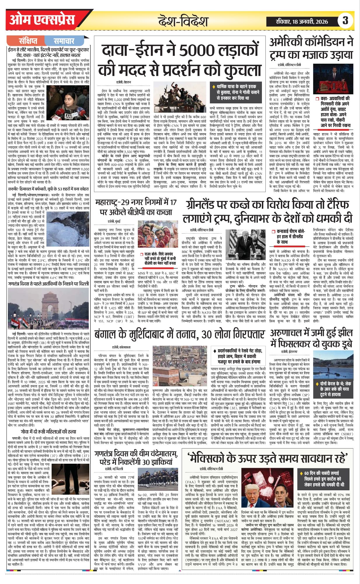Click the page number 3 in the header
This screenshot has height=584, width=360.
click(345, 21)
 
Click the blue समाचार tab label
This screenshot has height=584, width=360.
click(64, 41)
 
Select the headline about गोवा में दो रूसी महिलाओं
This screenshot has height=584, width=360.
click(48, 432)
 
